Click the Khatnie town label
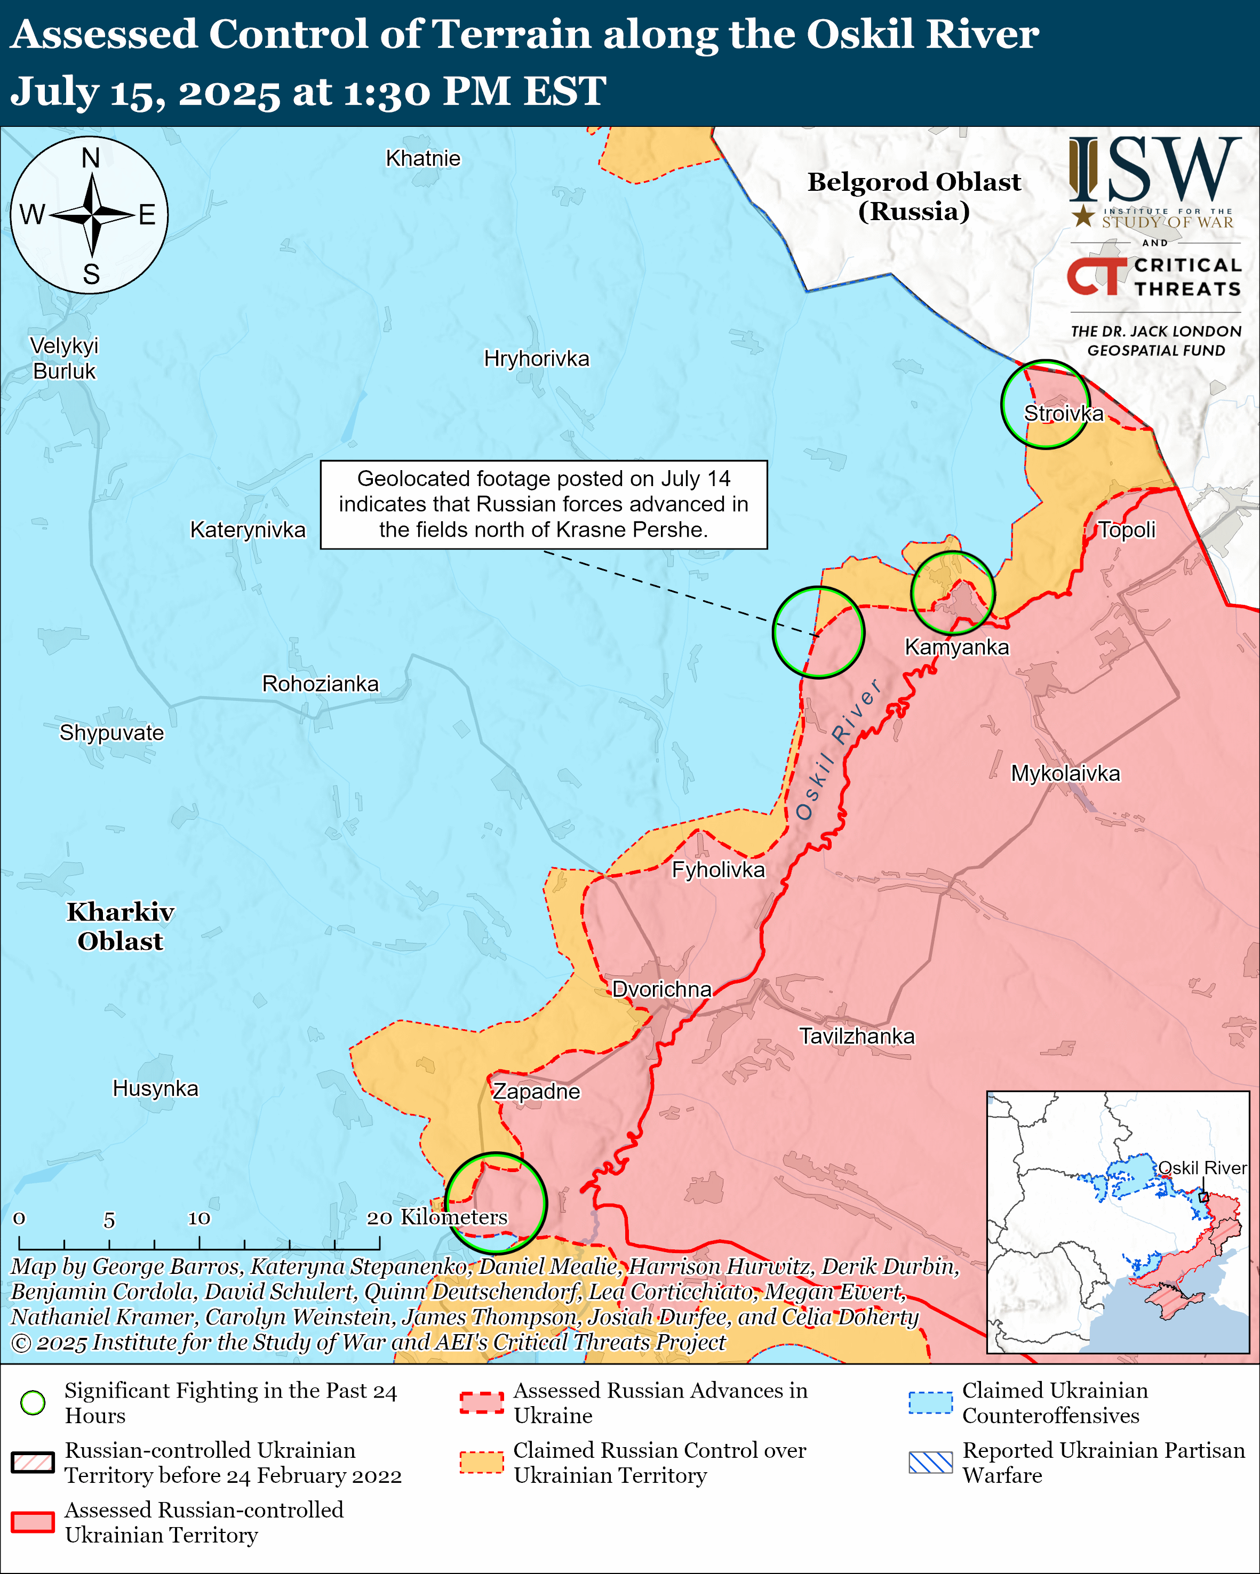tap(423, 158)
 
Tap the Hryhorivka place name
tap(536, 359)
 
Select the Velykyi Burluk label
tap(64, 359)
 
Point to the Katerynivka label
tap(248, 529)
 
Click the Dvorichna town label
tap(662, 989)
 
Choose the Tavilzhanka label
tap(857, 1036)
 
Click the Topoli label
tap(1127, 529)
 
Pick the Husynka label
tap(155, 1088)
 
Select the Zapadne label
tap(536, 1092)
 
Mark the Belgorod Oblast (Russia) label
tap(914, 196)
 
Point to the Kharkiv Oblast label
tap(121, 926)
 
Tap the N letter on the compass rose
tap(91, 158)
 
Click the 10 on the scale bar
tap(198, 1218)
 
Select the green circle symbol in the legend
tap(33, 1402)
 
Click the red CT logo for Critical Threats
tap(1097, 277)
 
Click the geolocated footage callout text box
tap(544, 504)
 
